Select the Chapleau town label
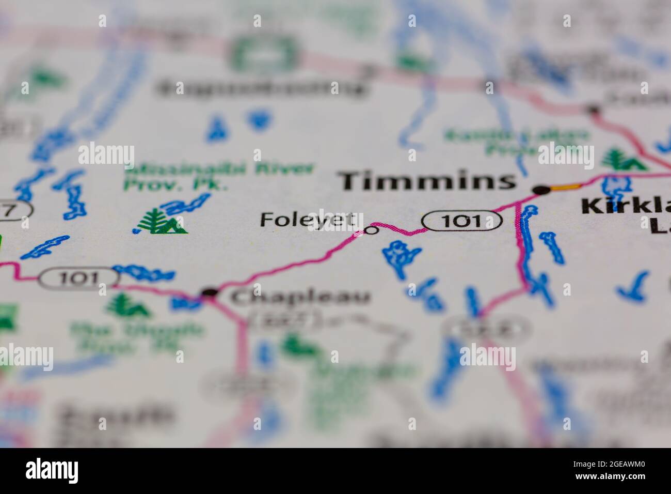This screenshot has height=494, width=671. [300, 297]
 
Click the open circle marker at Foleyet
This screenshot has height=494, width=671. [371, 230]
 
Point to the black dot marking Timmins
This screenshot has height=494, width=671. [541, 190]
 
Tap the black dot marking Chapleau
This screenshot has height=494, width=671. [209, 293]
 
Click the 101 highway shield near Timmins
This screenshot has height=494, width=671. [462, 221]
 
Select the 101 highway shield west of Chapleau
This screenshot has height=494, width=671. [78, 278]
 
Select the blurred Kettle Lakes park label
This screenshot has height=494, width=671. [516, 143]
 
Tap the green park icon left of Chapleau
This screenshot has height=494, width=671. [126, 306]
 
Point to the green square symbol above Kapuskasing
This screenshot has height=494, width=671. [265, 54]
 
